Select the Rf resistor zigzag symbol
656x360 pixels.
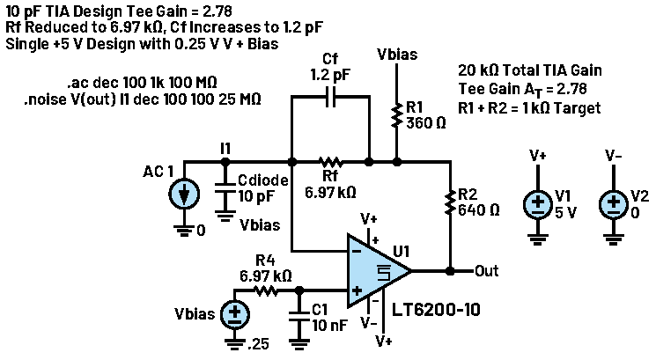(330, 162)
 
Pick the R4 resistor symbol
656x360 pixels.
(264, 289)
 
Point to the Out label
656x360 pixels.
(486, 270)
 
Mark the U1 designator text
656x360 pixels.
(402, 252)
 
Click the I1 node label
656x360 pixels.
(226, 150)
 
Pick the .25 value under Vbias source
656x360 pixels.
(258, 344)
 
